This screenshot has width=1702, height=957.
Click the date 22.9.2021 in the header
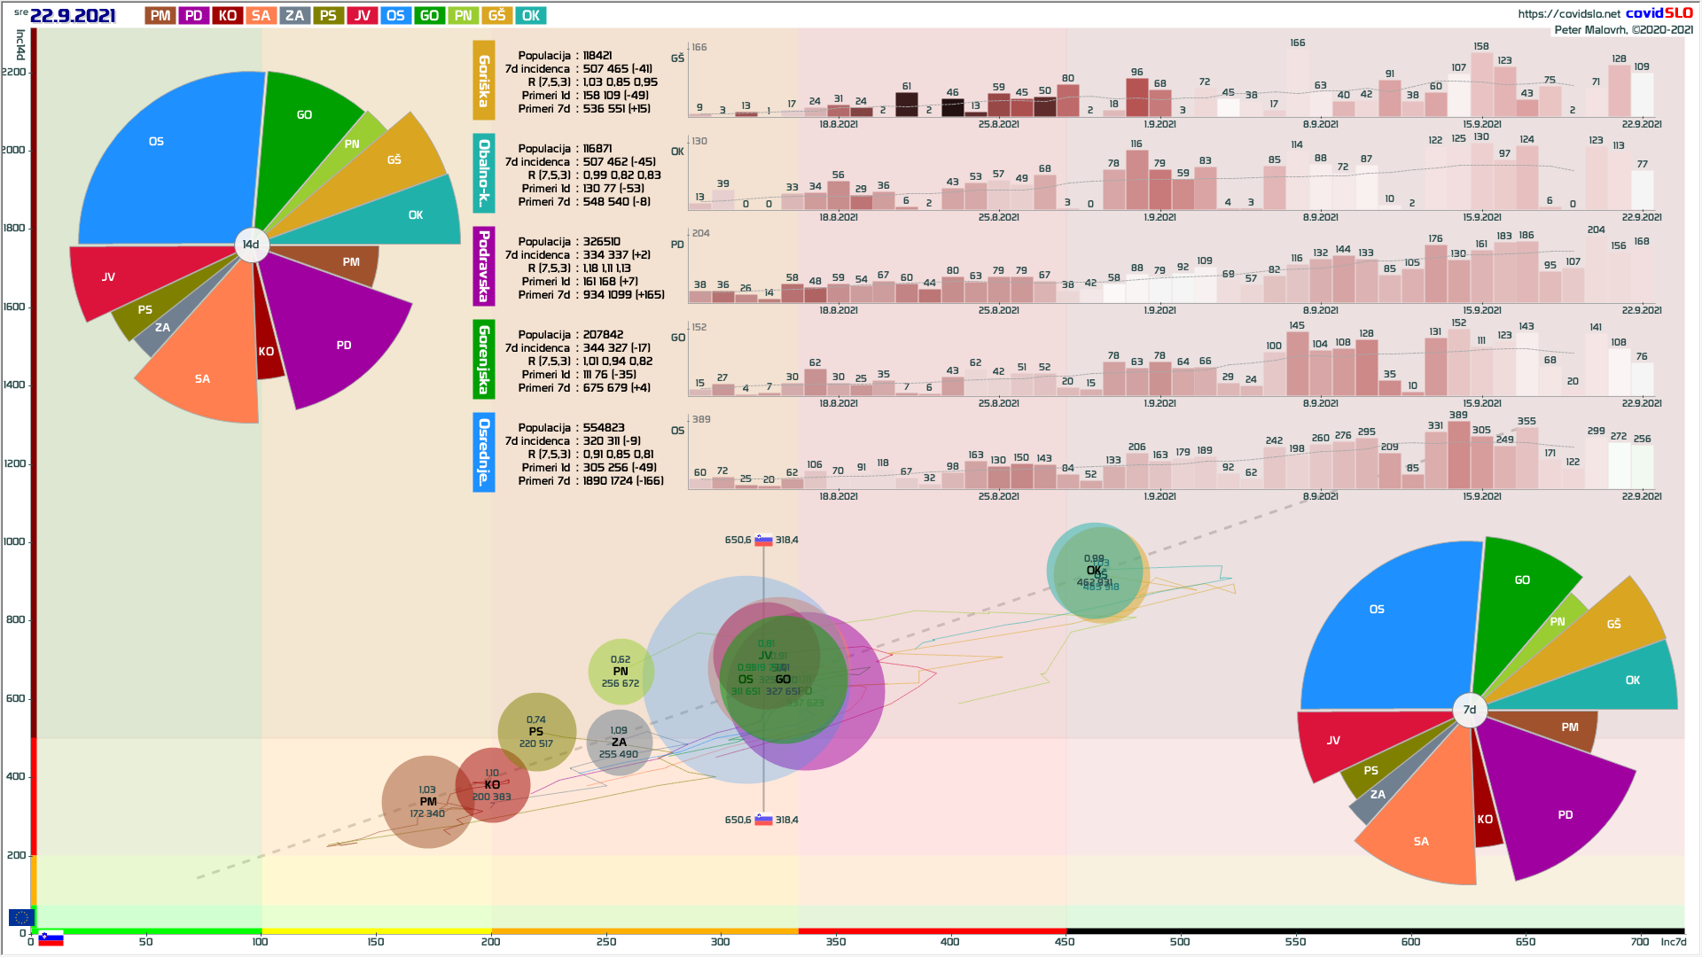point(73,16)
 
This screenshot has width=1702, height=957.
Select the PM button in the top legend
point(160,16)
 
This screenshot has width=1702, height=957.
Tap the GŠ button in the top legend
point(497,16)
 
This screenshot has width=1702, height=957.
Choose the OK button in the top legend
point(531,16)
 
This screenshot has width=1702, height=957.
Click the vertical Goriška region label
point(484,81)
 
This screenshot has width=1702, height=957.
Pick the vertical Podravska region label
point(484,266)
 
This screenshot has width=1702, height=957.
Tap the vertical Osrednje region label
point(484,452)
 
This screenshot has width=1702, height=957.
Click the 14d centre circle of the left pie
point(252,245)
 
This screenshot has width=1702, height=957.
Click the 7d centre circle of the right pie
point(1470,710)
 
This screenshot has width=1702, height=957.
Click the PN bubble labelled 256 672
point(621,672)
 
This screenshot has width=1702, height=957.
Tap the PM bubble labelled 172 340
point(426,802)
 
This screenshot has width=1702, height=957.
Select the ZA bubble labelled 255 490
point(619,743)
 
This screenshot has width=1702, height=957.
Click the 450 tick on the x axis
point(1065,941)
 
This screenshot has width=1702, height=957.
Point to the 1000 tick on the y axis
point(14,541)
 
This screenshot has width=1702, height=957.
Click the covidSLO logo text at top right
point(1659,13)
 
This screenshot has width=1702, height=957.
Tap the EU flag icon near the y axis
point(21,917)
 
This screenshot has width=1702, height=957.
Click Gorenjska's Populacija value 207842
point(603,335)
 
